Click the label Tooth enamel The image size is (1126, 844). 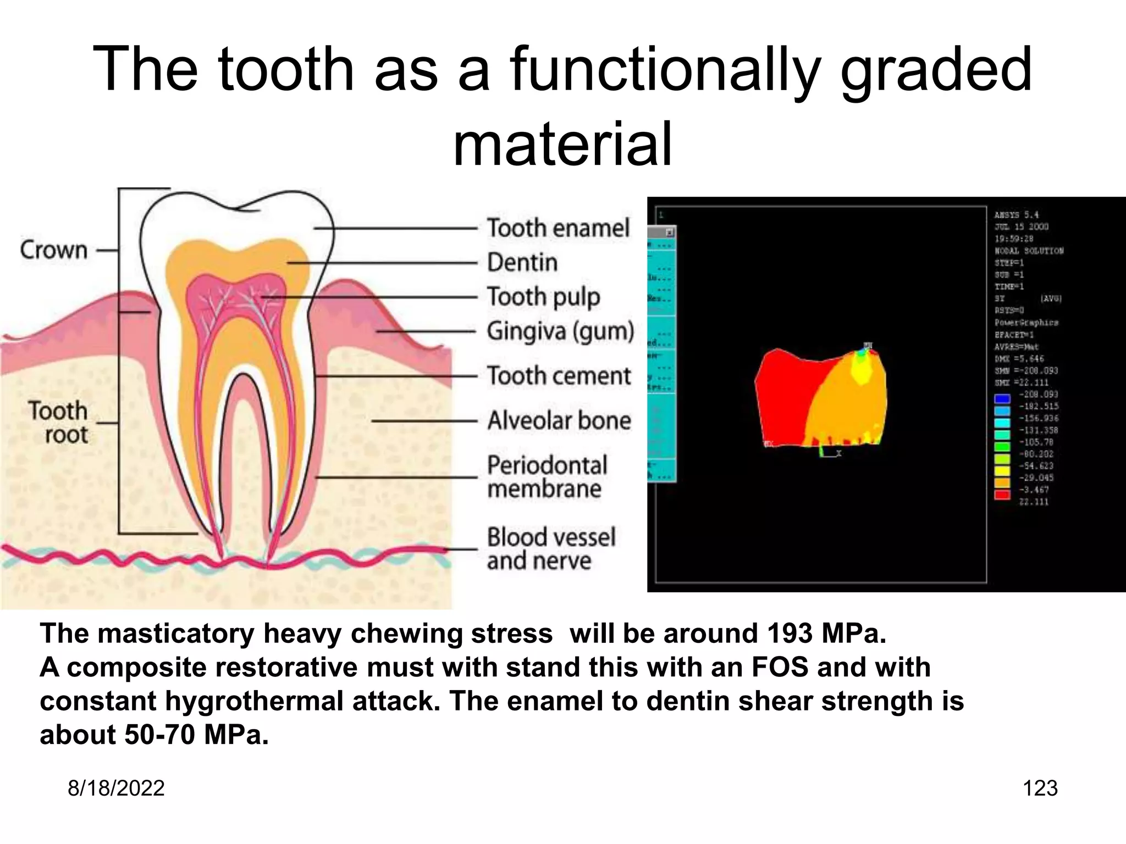pos(558,228)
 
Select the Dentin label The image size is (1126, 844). pos(522,263)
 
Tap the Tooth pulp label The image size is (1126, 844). pos(543,297)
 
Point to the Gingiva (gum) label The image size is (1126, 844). pos(560,331)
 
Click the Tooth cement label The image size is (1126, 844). pos(559,376)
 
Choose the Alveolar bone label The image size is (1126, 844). pos(559,421)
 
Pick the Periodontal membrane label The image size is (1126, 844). pos(547,477)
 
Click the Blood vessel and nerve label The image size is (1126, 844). pos(550,549)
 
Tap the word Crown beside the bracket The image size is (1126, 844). pos(54,250)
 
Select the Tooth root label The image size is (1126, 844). pos(58,423)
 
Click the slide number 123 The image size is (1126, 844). pos(1040,788)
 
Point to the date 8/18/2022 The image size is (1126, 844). pos(116,788)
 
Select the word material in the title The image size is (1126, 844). pos(562,144)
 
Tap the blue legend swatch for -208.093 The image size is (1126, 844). pos(1002,398)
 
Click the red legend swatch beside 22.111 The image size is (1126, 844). pos(1002,495)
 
